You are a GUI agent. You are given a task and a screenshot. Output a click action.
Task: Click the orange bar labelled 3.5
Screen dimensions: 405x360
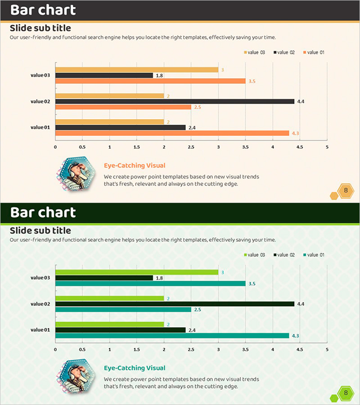(150, 81)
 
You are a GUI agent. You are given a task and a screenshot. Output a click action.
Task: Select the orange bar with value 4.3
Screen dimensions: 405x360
(172, 133)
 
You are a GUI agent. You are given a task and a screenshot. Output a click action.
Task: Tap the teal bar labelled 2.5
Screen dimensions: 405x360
(123, 310)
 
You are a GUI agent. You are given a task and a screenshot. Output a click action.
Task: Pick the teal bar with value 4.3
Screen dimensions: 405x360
(172, 336)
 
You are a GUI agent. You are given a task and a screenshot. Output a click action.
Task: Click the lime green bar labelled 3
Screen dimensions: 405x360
(136, 272)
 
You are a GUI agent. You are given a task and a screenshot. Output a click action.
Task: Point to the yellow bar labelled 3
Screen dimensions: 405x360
(136, 70)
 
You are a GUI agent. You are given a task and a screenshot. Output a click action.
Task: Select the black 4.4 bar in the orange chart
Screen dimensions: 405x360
(175, 101)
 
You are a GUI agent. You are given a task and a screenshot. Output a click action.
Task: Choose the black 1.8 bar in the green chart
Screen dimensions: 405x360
(104, 278)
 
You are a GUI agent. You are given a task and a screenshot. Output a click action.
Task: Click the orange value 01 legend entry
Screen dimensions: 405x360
(314, 53)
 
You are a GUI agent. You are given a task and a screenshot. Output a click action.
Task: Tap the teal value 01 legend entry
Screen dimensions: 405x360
(314, 255)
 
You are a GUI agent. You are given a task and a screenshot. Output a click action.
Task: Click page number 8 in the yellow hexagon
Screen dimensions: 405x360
(346, 191)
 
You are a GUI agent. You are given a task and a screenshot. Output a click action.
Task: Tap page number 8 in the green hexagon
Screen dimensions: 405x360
(346, 393)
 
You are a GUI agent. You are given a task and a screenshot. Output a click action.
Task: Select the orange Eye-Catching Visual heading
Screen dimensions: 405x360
(135, 166)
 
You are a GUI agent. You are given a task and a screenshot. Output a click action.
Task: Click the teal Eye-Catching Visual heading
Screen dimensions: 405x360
(135, 368)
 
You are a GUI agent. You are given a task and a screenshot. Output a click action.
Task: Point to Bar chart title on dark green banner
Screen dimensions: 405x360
(43, 212)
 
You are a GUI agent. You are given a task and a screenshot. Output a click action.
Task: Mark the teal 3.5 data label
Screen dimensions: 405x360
(252, 284)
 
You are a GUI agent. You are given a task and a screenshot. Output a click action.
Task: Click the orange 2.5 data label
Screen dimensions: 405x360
(198, 107)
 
